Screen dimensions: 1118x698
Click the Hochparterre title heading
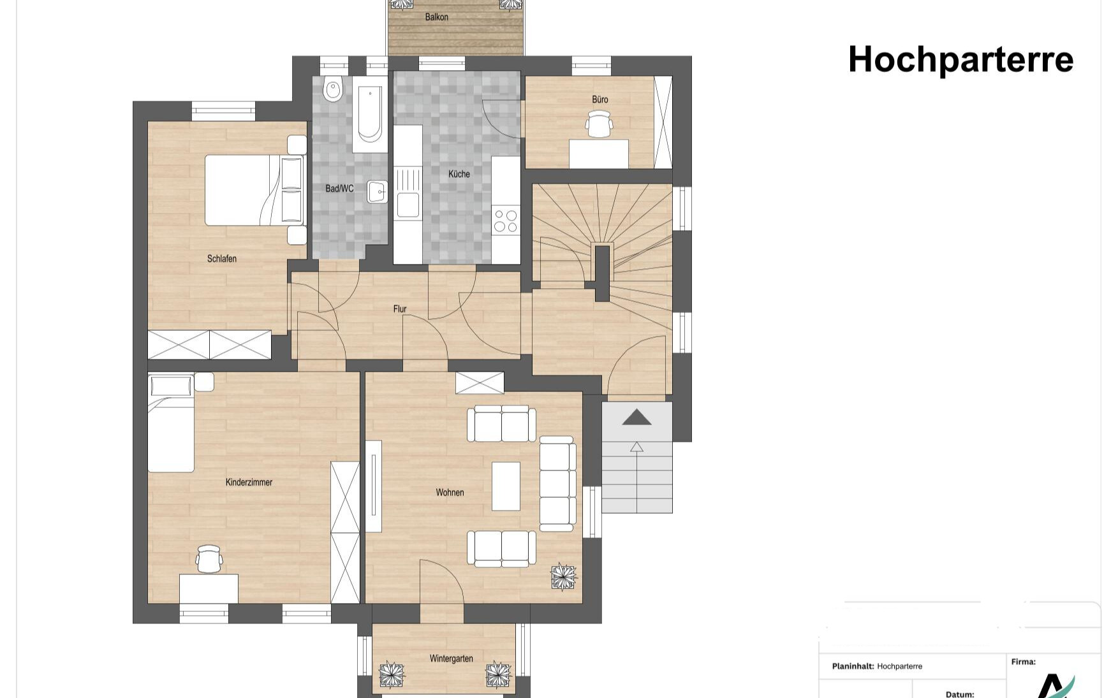point(960,60)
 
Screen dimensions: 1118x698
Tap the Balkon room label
point(437,17)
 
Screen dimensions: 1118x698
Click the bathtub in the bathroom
point(370,114)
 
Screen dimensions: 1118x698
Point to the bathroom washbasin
point(378,191)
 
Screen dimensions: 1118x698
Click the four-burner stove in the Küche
point(506,221)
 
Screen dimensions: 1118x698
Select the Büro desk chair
point(599,124)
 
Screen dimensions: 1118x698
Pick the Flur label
point(400,309)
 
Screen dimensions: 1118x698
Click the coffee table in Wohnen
point(506,486)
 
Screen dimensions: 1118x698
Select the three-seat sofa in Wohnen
point(557,483)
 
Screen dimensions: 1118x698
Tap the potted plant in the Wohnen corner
point(563,578)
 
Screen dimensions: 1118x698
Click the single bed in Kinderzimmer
point(171,423)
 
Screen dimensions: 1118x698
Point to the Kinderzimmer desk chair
point(209,559)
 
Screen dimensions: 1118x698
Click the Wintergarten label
point(452,658)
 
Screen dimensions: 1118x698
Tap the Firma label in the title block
point(1023,662)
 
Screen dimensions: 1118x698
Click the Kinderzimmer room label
point(249,483)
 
